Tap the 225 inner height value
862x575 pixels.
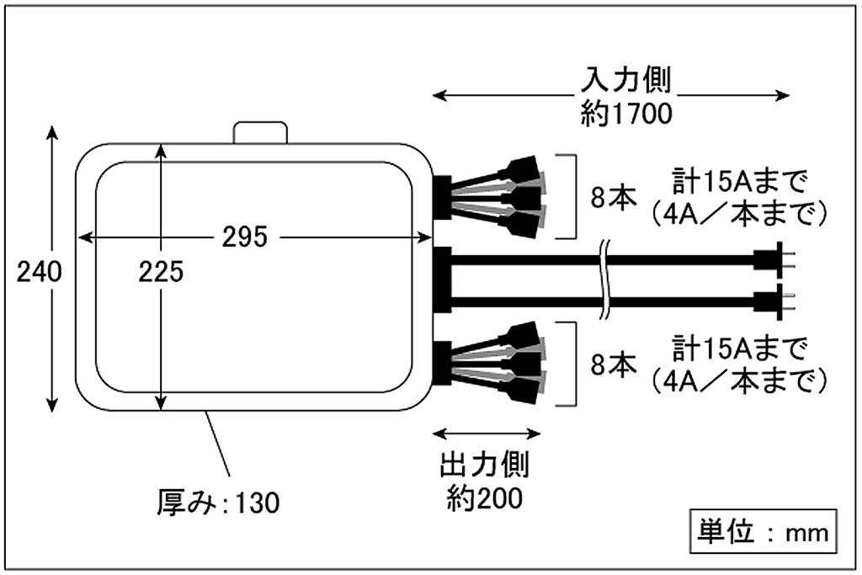point(160,271)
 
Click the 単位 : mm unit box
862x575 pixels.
point(764,532)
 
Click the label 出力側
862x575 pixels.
point(485,466)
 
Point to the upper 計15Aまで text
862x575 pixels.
point(740,182)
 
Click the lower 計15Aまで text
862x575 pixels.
point(740,349)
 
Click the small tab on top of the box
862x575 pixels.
point(260,131)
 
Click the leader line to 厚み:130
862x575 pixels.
point(221,451)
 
